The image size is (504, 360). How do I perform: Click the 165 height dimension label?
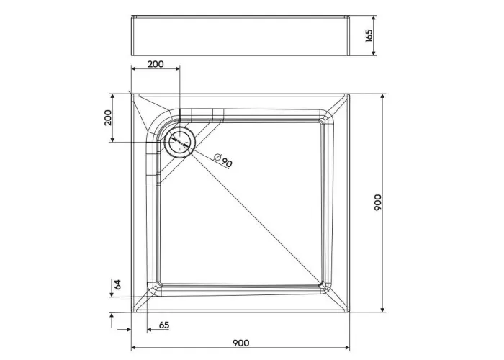tap(369, 36)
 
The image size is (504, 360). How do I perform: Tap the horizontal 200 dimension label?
tap(156, 64)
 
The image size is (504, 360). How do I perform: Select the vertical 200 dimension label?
tap(108, 117)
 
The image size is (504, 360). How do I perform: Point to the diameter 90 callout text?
tap(222, 161)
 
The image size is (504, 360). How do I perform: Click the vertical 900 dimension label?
tap(378, 202)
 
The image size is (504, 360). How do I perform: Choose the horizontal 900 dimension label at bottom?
tap(240, 343)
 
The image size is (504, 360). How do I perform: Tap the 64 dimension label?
tap(118, 284)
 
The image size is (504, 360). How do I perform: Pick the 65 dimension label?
tap(164, 325)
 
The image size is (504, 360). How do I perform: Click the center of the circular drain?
tap(179, 142)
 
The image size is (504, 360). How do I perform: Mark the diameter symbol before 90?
tap(217, 157)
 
